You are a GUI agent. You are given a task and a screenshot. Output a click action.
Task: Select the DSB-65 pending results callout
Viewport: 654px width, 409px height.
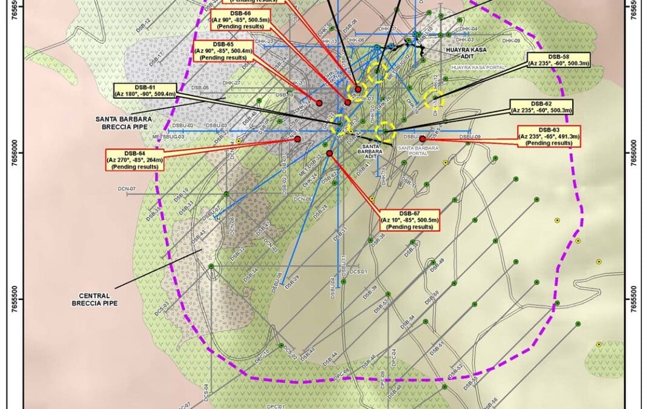(x=222, y=51)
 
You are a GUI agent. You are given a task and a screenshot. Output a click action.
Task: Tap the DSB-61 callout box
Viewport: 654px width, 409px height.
(x=145, y=91)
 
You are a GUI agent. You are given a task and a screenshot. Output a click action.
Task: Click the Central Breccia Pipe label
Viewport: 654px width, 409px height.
(x=93, y=299)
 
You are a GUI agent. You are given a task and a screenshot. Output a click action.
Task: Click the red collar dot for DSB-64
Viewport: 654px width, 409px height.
(x=297, y=139)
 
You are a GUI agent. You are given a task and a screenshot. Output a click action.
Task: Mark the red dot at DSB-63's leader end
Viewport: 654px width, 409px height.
(x=422, y=139)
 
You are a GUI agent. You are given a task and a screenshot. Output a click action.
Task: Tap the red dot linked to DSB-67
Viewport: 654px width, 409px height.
(x=329, y=153)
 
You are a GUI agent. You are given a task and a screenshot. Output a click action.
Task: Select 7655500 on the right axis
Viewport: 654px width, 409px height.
(x=635, y=299)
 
